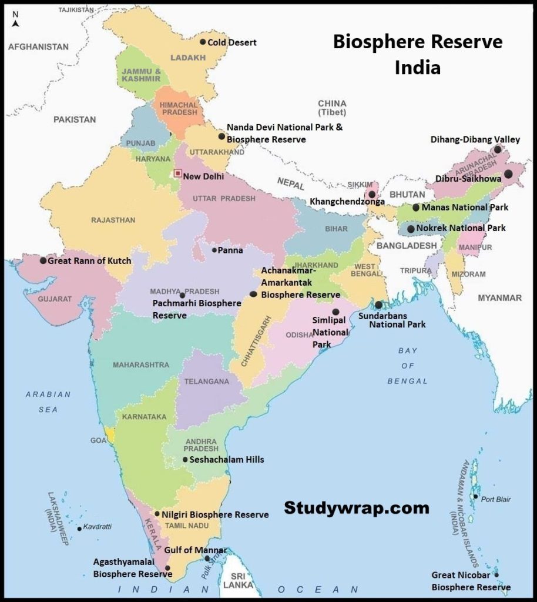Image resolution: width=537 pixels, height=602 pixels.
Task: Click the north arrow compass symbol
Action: (16, 20)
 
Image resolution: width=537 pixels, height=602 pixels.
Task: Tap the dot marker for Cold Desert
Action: (203, 42)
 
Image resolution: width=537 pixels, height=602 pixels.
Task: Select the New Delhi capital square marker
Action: (177, 174)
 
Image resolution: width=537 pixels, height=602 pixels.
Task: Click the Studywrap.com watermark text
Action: (357, 507)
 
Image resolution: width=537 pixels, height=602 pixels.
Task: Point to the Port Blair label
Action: (496, 499)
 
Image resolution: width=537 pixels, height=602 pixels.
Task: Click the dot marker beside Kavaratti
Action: (79, 529)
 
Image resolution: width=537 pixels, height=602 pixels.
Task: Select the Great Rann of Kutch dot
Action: (43, 260)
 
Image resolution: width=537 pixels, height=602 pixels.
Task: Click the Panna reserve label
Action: (230, 250)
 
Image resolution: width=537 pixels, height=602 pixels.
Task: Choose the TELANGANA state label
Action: (207, 382)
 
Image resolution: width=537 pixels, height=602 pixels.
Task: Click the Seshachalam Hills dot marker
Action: (185, 460)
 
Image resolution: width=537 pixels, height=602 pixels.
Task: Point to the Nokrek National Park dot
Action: (411, 228)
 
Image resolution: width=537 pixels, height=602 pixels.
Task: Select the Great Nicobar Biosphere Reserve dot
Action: (496, 575)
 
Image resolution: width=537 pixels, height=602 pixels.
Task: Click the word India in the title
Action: (418, 68)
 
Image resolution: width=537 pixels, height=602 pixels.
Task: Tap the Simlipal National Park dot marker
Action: (335, 312)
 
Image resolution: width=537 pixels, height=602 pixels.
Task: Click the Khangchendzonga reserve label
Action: (347, 202)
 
